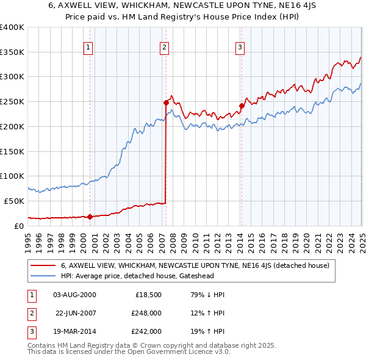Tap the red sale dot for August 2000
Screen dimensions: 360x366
(90, 216)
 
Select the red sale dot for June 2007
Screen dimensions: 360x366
(166, 103)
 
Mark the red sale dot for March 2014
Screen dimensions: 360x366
(242, 106)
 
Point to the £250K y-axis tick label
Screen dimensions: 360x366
(12, 101)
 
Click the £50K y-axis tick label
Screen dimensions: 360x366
(14, 201)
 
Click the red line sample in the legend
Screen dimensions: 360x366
(43, 265)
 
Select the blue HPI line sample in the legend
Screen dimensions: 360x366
(43, 276)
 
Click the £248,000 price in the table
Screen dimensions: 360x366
(146, 313)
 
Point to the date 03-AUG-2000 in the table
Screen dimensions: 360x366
(74, 295)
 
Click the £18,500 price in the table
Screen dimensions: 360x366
(148, 295)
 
